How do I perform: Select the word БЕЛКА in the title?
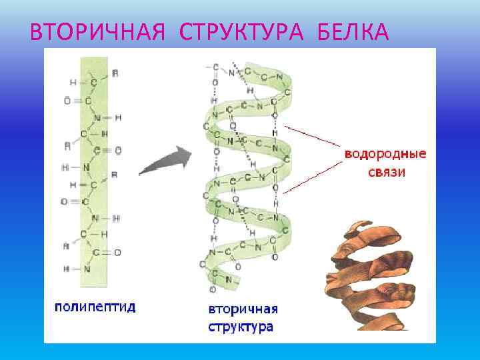352,31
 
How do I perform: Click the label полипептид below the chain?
95,307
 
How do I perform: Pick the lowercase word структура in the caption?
240,327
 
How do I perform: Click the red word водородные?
385,154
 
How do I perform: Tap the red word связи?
385,171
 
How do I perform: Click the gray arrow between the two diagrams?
165,162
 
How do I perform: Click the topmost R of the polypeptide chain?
115,71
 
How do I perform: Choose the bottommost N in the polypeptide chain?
87,269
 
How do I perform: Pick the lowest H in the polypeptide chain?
67,269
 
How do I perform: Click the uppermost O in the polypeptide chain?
67,101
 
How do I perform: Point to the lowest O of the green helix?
212,290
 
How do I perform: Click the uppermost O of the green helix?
215,82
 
